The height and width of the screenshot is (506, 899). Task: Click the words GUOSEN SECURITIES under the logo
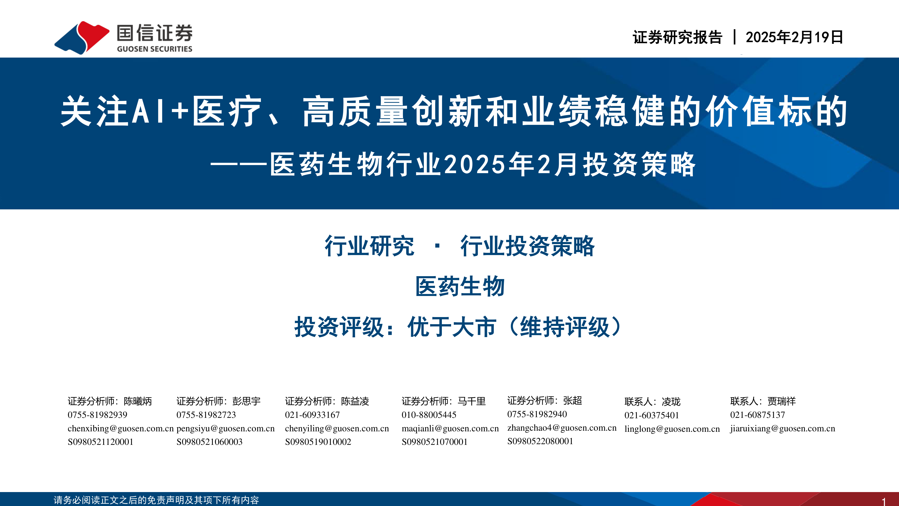click(x=155, y=49)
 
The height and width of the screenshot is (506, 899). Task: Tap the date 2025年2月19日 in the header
click(x=794, y=37)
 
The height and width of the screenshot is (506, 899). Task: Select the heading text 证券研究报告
click(x=677, y=37)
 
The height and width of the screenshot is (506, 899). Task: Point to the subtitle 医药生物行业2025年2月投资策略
click(x=483, y=164)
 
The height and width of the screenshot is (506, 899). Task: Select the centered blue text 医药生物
click(x=460, y=286)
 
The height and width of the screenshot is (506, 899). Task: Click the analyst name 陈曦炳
click(x=138, y=401)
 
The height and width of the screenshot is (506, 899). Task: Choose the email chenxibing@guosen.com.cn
click(x=120, y=428)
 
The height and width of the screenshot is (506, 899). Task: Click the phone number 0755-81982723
click(x=206, y=415)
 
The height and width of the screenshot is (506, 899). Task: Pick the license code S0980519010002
click(x=318, y=442)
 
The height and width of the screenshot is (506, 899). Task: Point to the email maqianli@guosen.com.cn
click(x=450, y=428)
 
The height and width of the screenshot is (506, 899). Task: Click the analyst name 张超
click(x=572, y=401)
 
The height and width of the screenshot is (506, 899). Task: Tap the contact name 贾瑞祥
click(x=782, y=401)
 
